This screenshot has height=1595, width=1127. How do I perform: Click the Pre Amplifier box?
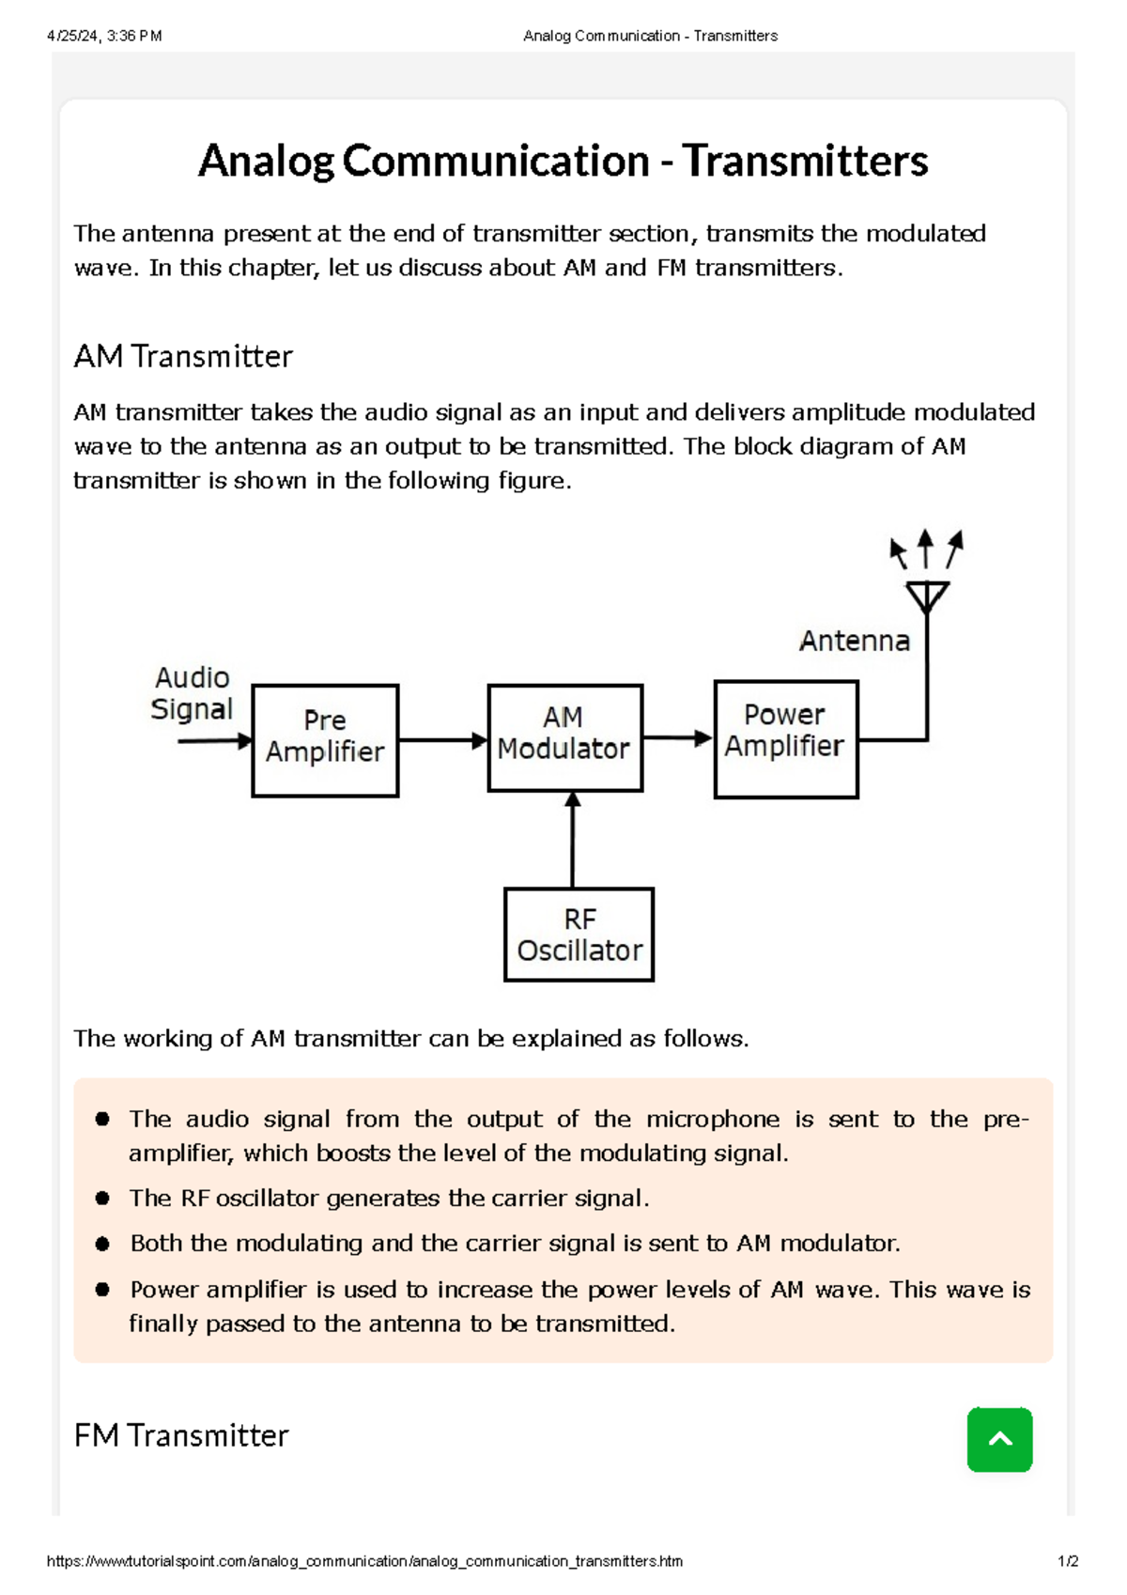(325, 740)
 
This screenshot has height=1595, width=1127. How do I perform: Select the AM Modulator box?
(564, 737)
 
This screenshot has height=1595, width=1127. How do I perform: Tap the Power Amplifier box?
(786, 739)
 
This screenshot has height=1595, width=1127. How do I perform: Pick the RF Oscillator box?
(579, 935)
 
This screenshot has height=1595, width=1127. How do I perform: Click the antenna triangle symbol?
(927, 596)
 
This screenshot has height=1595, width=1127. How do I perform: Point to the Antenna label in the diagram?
(854, 641)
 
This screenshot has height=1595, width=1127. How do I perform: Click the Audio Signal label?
(192, 693)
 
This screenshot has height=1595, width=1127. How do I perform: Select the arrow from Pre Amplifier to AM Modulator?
(442, 740)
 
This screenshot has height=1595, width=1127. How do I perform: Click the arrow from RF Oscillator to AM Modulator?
(573, 839)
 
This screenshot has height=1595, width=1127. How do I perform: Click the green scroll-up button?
(999, 1439)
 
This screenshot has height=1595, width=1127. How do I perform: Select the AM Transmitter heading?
(183, 357)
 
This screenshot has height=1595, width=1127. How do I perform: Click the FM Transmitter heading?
(181, 1435)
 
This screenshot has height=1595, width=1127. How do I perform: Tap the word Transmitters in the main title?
(805, 161)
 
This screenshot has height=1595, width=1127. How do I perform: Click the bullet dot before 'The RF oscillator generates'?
(103, 1198)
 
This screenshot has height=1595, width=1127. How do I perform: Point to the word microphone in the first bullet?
(712, 1119)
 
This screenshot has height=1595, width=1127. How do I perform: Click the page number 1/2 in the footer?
(1068, 1561)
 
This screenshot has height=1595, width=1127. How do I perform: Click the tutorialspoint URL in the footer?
(364, 1561)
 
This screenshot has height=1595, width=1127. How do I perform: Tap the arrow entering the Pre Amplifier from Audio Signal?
(214, 740)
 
